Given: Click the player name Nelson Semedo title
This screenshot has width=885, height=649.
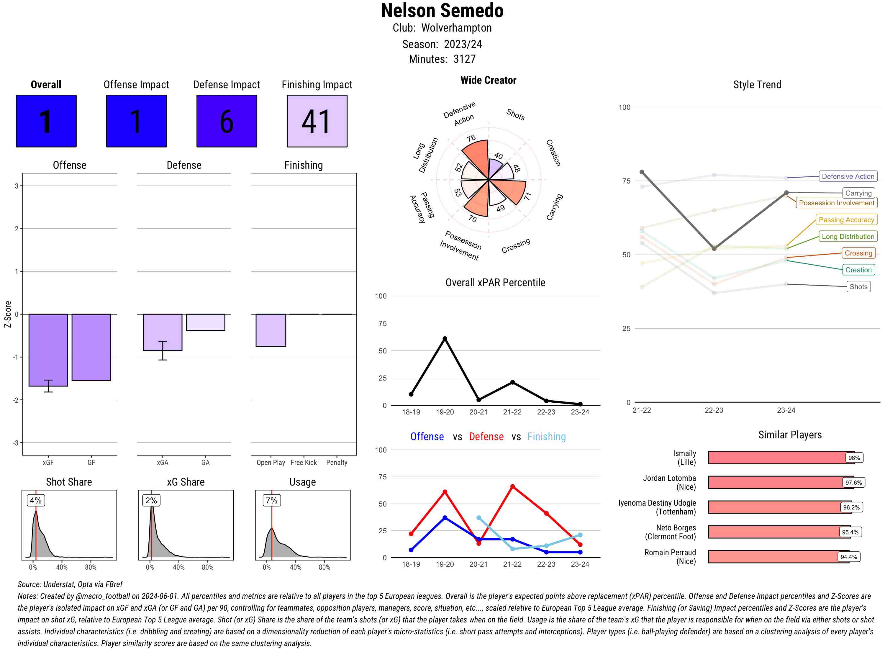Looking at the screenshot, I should [x=442, y=11].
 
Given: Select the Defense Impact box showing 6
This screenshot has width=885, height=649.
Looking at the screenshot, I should [x=227, y=121].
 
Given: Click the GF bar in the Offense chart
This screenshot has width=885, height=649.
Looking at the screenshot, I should [x=91, y=347].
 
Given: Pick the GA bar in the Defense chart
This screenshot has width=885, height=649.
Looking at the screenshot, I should [x=205, y=322].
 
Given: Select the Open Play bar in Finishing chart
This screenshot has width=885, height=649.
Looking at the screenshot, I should [x=271, y=330].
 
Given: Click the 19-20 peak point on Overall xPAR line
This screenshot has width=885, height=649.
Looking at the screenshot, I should [x=445, y=339].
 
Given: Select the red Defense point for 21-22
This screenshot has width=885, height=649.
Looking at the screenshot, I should [x=512, y=486].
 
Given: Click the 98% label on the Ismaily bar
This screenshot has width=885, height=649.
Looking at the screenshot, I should [x=854, y=458].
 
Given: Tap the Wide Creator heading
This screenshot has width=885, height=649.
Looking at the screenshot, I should [x=488, y=80].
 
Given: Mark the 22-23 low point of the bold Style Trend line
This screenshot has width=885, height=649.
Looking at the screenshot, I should [x=714, y=248].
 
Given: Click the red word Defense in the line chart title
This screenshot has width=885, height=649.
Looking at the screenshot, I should [x=486, y=437].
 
